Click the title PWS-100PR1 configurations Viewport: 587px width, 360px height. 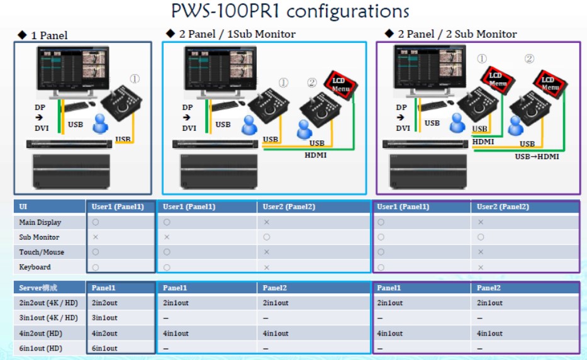tap(290, 11)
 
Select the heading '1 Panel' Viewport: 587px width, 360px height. tap(48, 35)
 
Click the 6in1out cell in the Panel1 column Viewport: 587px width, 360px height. tap(104, 348)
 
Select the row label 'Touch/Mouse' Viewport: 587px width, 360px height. tap(41, 252)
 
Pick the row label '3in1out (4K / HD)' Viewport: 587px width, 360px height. tap(48, 318)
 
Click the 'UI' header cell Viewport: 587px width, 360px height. tap(23, 206)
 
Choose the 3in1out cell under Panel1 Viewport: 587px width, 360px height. tap(104, 318)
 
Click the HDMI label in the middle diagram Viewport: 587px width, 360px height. tap(316, 155)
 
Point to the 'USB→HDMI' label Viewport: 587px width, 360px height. tap(537, 156)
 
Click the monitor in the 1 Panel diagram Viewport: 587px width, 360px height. tap(71, 69)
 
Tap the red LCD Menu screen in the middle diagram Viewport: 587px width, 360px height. tap(340, 84)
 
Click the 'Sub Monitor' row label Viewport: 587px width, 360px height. tap(39, 237)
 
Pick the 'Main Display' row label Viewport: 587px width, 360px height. tap(40, 222)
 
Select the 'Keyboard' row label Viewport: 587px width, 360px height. tap(35, 267)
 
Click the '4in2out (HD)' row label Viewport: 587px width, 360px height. tap(41, 333)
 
